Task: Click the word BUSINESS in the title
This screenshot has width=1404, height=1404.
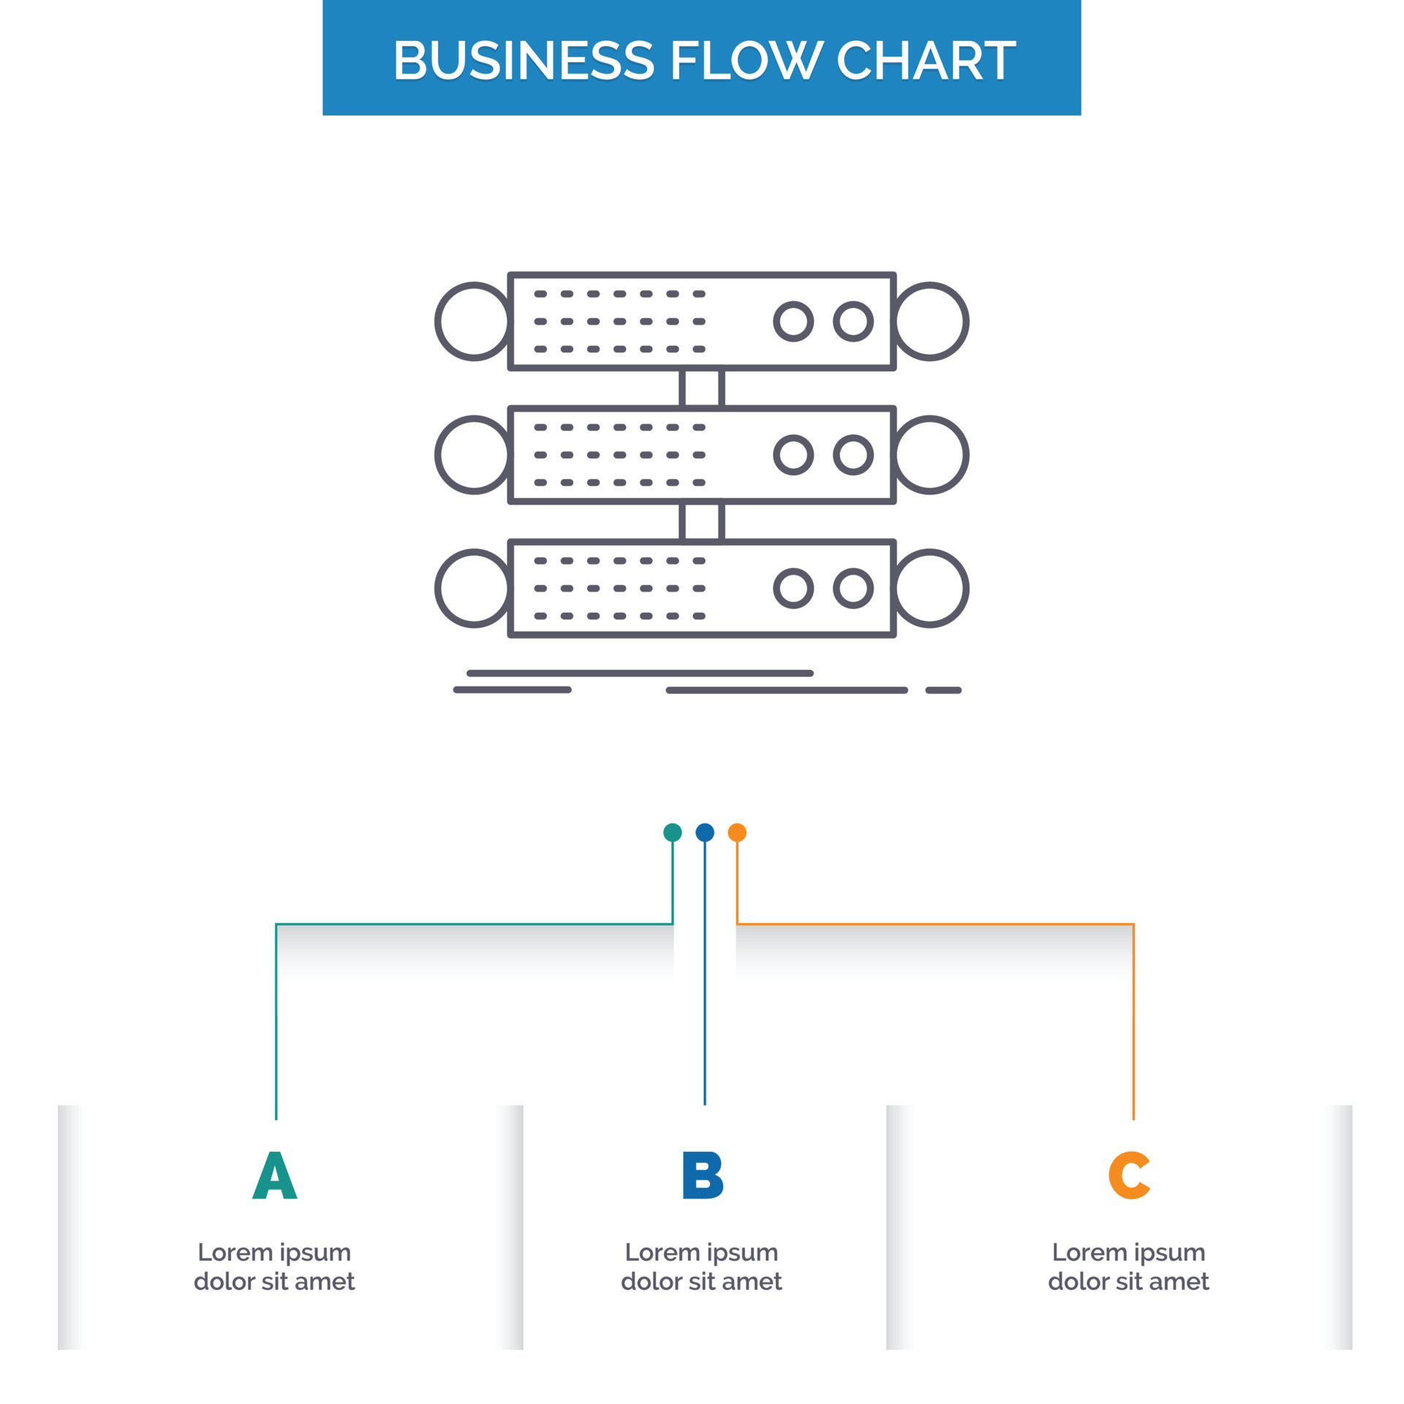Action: pos(523,60)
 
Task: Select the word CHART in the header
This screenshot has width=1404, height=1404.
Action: pos(925,60)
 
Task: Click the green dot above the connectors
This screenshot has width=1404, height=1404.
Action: pos(672,832)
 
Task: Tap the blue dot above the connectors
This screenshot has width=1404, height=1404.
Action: pos(704,832)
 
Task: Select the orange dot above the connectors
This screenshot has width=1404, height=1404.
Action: pos(737,832)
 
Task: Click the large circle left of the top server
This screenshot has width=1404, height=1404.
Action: pos(474,321)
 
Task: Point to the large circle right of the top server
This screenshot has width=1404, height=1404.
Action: pos(929,321)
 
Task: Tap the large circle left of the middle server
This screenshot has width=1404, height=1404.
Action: pos(474,455)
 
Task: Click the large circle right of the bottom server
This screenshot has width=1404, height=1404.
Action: pos(929,588)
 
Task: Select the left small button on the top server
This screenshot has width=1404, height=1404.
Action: pos(793,321)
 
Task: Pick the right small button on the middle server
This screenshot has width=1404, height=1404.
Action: pos(853,455)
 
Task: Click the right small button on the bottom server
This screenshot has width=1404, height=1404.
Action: pos(853,588)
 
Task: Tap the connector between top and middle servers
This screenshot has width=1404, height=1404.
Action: pos(702,388)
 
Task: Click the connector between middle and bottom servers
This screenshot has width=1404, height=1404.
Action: pos(702,521)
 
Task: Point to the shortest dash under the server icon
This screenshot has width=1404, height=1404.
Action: pos(943,690)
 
